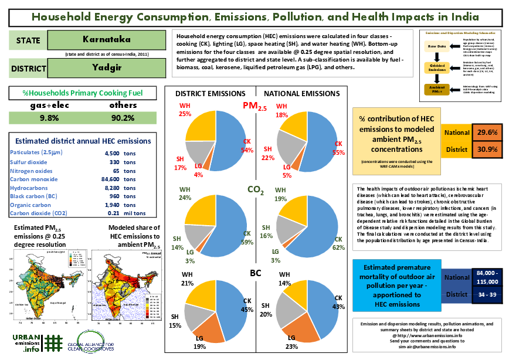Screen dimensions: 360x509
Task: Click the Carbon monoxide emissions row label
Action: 35,179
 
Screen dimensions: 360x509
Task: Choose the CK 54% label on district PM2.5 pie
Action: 247,147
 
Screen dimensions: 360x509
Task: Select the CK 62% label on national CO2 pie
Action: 338,243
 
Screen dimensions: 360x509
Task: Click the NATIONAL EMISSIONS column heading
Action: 302,93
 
